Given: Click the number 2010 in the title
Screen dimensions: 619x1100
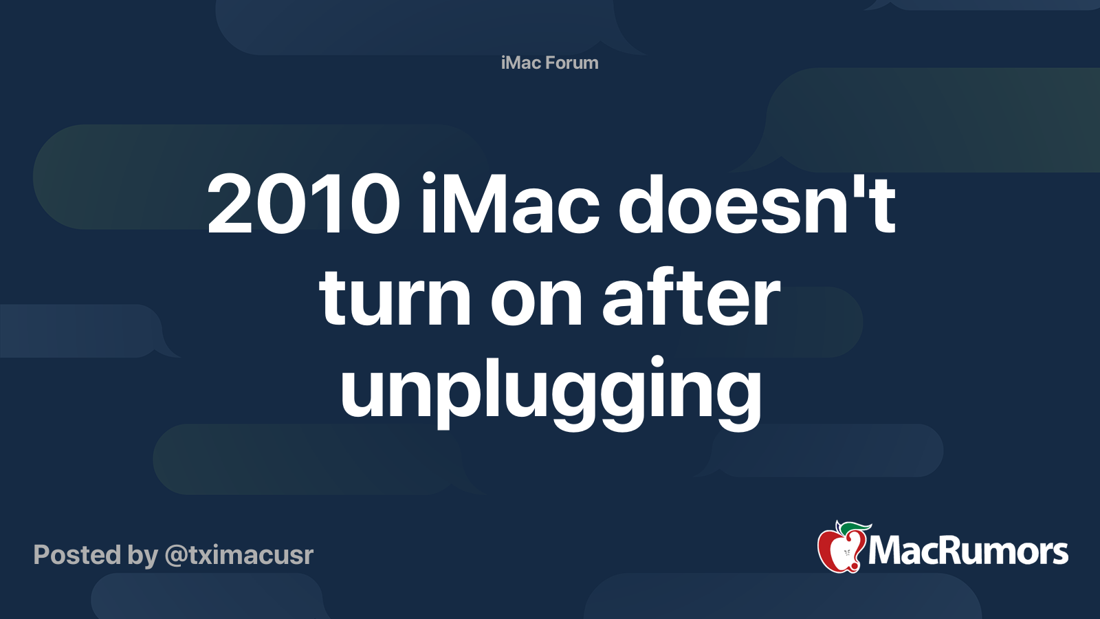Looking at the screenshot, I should click(304, 205).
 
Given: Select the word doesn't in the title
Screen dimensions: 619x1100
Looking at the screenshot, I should click(757, 205).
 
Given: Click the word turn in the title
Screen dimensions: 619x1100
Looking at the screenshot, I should click(395, 298).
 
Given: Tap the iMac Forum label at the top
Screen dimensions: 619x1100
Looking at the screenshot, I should click(549, 63).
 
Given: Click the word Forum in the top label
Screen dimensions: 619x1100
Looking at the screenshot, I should click(572, 63).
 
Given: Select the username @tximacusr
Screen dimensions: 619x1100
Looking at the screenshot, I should click(239, 555).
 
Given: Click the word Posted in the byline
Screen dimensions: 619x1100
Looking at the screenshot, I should click(76, 555).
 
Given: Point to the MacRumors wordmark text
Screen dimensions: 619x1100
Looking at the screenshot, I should click(968, 551).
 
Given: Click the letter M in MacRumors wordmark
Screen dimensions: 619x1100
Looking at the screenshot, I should click(885, 551).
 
